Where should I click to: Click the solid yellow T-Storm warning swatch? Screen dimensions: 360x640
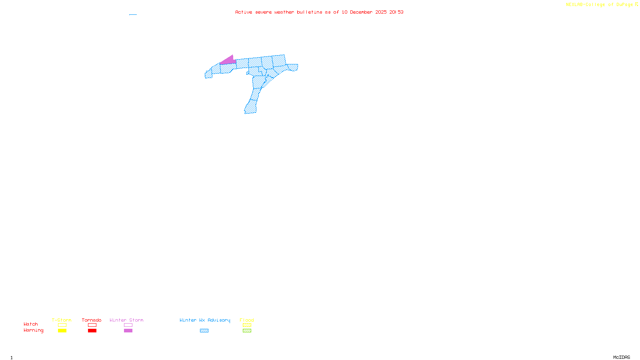click(62, 331)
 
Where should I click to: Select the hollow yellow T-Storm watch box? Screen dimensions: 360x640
click(62, 325)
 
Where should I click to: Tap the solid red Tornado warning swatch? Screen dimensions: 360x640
click(92, 331)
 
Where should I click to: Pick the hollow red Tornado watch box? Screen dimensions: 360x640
click(92, 325)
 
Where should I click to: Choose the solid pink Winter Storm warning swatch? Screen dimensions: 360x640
click(128, 331)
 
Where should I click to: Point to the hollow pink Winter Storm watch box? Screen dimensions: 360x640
click(128, 325)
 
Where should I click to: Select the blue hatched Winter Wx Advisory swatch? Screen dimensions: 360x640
click(204, 331)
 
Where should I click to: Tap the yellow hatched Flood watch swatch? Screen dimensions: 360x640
click(247, 325)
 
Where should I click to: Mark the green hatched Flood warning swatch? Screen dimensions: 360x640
click(247, 331)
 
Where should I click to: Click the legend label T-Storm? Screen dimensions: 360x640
click(62, 320)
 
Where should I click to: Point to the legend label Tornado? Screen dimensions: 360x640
click(92, 320)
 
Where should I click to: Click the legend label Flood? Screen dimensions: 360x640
click(247, 320)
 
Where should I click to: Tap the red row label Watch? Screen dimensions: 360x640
click(31, 324)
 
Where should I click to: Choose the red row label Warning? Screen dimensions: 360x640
click(34, 330)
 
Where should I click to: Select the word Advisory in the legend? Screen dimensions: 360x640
click(219, 320)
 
